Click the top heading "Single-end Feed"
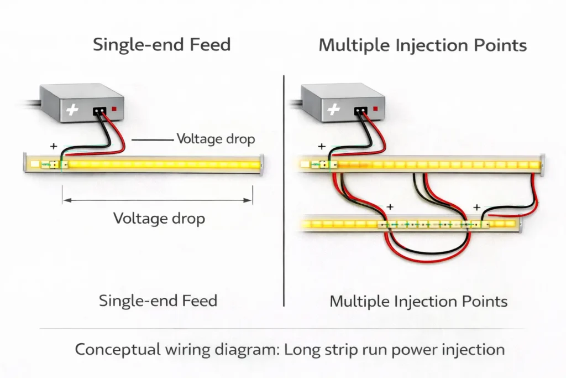pos(161,44)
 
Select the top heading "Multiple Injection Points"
pos(422,45)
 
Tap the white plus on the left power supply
pos(72,110)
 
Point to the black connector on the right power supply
pos(361,111)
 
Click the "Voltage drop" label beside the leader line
pos(216,139)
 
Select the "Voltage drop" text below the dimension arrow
pos(159,218)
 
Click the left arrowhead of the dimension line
pos(65,201)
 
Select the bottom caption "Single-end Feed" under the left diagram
pos(158,301)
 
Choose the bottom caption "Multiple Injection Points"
pos(418,302)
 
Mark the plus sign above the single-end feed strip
pos(54,147)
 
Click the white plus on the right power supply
pos(333,110)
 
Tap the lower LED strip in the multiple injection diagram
pos(343,225)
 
